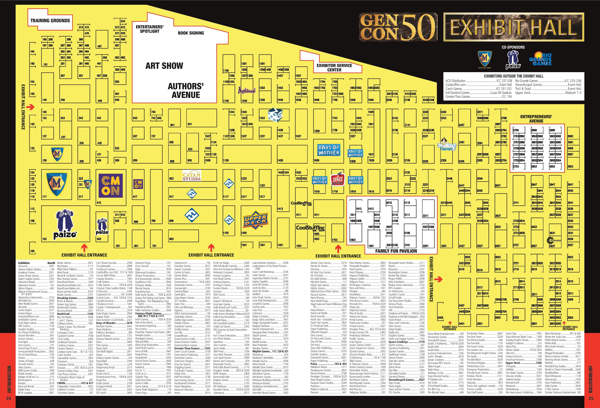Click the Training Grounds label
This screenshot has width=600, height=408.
50,21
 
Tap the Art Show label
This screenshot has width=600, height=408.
164,66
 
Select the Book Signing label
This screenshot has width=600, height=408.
191,33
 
